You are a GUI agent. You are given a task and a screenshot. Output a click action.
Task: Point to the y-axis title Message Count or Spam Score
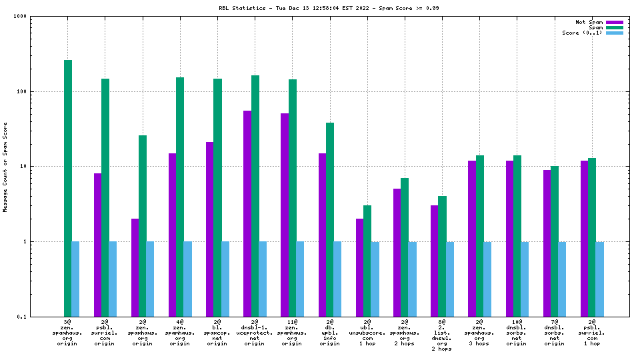pos(5,167)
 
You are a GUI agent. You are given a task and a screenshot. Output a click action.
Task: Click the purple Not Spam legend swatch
pos(615,22)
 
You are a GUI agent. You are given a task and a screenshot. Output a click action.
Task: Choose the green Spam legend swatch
pos(615,27)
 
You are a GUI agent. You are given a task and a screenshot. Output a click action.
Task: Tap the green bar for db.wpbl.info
pos(330,219)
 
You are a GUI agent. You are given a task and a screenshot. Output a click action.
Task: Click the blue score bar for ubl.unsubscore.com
pos(375,279)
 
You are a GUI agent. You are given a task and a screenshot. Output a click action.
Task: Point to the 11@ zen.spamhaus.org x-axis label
pos(293,333)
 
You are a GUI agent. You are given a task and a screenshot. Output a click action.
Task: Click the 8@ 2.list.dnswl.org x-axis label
pos(442,335)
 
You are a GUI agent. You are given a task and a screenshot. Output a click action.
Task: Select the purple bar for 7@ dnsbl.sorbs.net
pos(547,243)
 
